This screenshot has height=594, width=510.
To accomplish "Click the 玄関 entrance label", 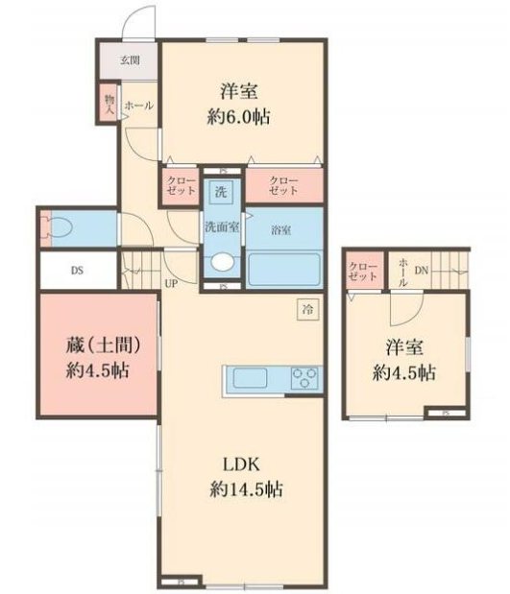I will point(130,60).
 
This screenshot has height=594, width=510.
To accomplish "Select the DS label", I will point(76,270).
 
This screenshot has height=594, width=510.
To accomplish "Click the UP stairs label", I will point(172,284).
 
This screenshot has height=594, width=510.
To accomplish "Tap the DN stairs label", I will point(420,271).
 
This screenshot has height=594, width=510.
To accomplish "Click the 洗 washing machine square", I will point(220,190).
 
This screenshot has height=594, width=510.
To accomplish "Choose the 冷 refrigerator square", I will point(307,309).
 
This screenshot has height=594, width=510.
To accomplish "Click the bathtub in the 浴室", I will point(285,269).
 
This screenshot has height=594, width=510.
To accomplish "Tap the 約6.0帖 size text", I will point(243,118).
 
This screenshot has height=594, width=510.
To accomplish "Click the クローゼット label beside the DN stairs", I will point(363,271).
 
